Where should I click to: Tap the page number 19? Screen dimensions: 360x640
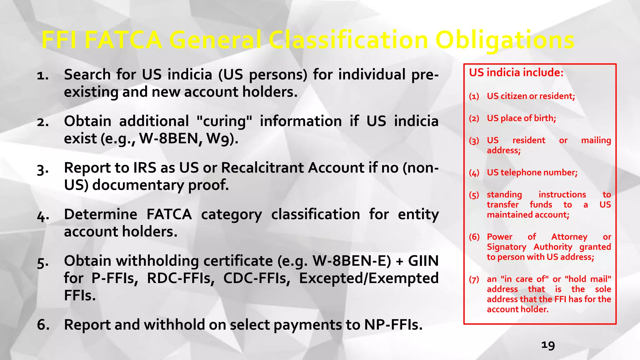coord(548,345)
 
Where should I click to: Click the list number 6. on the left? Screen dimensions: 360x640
coord(43,325)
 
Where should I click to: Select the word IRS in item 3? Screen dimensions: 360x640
coord(144,168)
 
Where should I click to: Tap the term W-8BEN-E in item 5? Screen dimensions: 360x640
coord(352,261)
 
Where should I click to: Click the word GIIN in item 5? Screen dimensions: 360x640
coord(423,261)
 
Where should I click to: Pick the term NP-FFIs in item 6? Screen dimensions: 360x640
coord(393,325)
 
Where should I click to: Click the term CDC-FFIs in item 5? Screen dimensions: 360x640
coord(257,278)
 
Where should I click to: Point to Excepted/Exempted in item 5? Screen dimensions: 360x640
coord(369,278)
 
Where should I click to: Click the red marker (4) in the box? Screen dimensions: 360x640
coord(474,173)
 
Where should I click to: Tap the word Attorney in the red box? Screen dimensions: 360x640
coord(569,237)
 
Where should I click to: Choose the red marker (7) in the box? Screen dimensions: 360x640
coord(474,279)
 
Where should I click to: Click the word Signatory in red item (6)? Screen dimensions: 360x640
coord(506,247)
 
